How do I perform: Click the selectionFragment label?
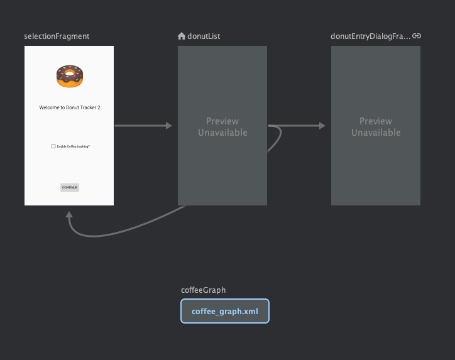[57, 36]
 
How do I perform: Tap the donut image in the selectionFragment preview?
[70, 76]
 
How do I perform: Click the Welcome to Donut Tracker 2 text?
[70, 107]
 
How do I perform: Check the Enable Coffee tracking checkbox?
[53, 146]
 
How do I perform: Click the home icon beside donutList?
[182, 36]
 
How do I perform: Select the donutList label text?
[204, 36]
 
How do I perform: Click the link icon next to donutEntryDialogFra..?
[417, 36]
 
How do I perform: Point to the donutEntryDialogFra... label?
[371, 36]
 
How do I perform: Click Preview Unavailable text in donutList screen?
[222, 127]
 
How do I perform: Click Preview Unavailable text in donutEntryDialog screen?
[376, 127]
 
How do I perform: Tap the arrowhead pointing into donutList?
[169, 126]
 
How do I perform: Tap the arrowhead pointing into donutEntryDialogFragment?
[322, 126]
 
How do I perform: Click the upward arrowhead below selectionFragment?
[69, 214]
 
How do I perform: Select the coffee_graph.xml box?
[225, 311]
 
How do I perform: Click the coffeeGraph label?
[203, 290]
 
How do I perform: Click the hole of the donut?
[70, 74]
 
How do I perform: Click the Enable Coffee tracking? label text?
[74, 146]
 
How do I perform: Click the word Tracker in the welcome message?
[88, 107]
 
